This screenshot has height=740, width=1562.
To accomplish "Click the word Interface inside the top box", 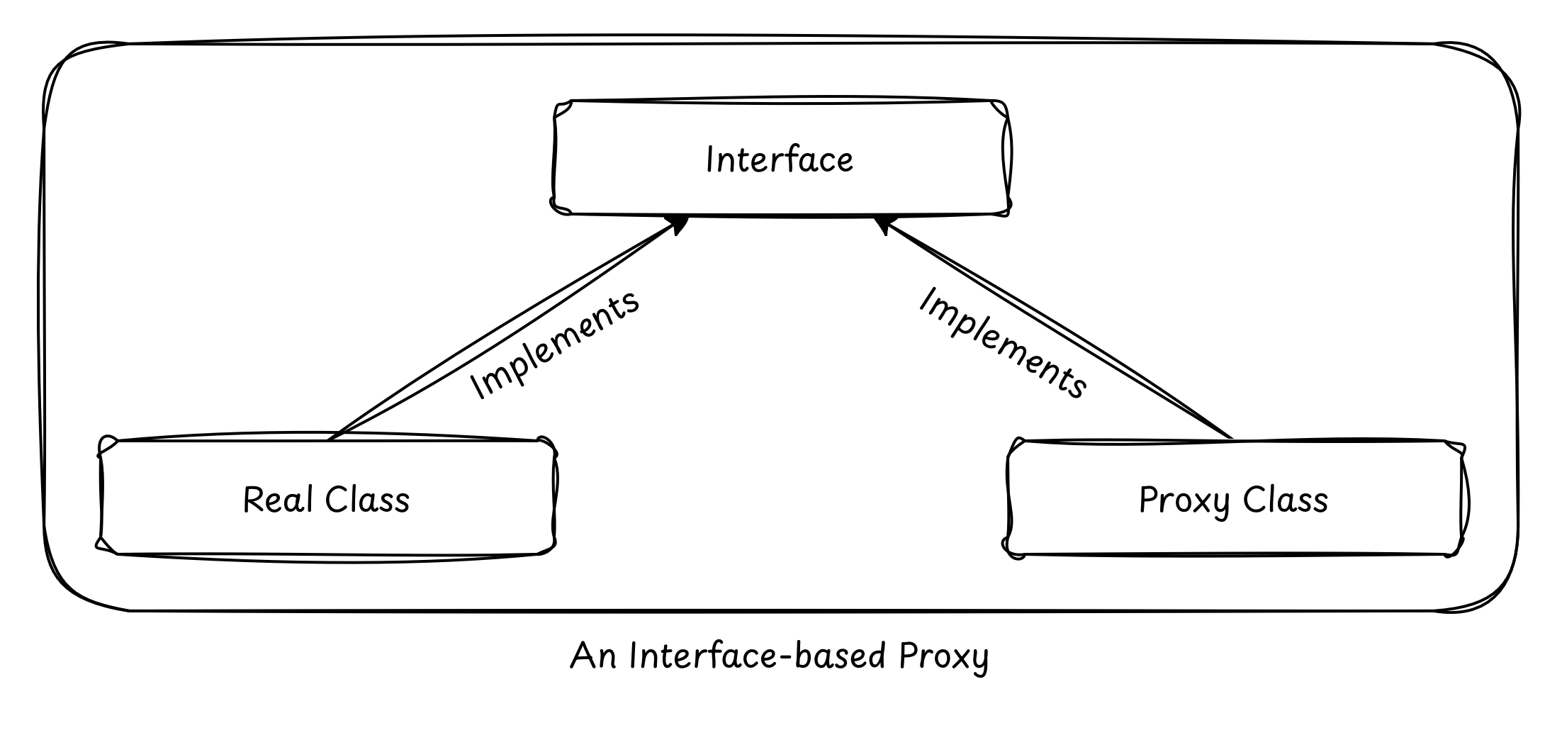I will pos(780,160).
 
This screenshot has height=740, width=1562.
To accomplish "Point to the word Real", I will pos(278,500).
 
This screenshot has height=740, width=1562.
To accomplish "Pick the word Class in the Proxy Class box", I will pos(1285,500).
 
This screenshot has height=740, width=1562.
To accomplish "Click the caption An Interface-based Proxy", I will pos(780,656).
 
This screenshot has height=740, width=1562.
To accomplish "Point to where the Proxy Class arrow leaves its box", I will pos(1230,438).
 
